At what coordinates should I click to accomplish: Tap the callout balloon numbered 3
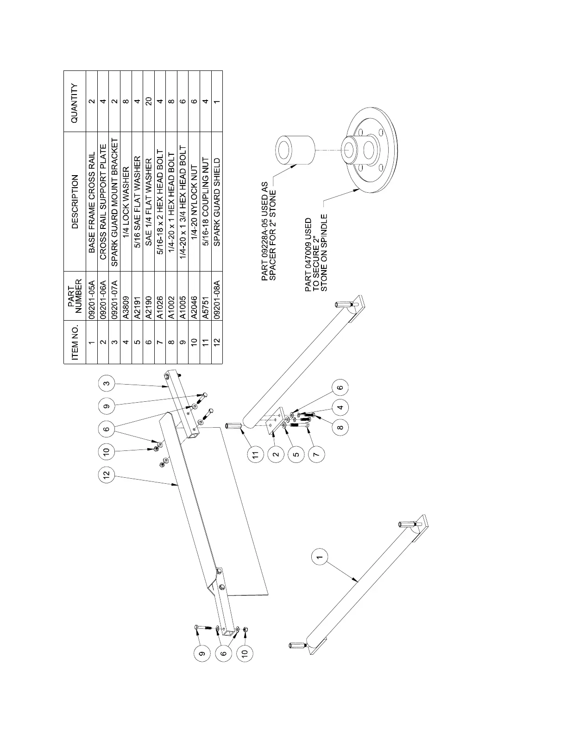point(107,383)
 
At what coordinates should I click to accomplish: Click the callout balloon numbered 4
point(340,408)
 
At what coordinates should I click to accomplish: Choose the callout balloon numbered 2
point(276,455)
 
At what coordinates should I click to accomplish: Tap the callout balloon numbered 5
point(296,455)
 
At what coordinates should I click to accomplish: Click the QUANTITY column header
point(75,102)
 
